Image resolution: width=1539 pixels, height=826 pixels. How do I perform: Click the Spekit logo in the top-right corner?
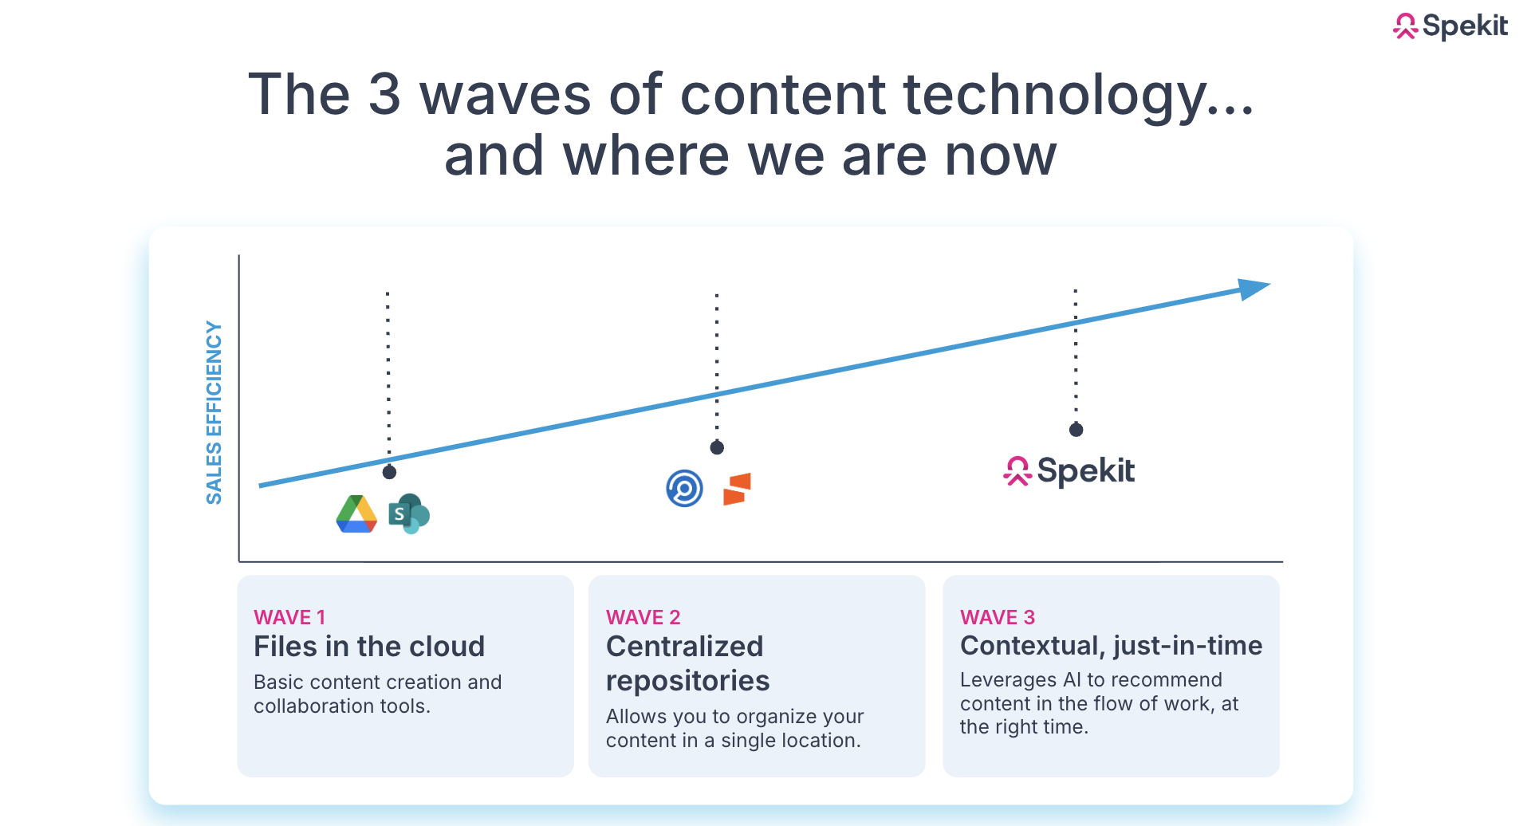pos(1450,26)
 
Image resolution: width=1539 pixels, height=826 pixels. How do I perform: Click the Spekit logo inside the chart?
pos(1069,471)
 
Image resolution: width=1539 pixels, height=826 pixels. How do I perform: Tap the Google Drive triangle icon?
pos(356,514)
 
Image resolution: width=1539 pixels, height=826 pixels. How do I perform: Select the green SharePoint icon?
pos(408,514)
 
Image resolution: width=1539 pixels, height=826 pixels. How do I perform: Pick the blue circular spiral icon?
pos(684,489)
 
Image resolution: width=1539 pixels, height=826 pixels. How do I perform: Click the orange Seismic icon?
pos(737,489)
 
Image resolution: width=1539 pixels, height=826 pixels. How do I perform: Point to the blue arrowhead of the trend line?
pos(1254,289)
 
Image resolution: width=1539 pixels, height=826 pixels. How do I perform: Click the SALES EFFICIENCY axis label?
pos(214,412)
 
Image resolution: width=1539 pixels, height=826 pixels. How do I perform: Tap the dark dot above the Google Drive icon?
pos(389,472)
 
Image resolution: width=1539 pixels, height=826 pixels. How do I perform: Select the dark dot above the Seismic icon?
pos(717,447)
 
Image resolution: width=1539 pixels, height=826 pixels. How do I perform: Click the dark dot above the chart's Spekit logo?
pos(1076,430)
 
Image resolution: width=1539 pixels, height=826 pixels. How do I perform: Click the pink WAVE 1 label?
pos(289,617)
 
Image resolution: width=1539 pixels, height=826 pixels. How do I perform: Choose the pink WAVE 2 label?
pos(643,617)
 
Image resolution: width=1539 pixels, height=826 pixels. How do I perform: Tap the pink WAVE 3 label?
pos(997,617)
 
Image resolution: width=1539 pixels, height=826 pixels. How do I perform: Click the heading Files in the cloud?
pos(368,646)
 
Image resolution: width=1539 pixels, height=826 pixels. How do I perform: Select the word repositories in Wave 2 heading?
pos(687,681)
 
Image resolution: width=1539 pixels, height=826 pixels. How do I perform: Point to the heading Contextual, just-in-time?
pos(1110,645)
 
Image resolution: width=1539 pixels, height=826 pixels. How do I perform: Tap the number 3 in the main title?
pos(384,94)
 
